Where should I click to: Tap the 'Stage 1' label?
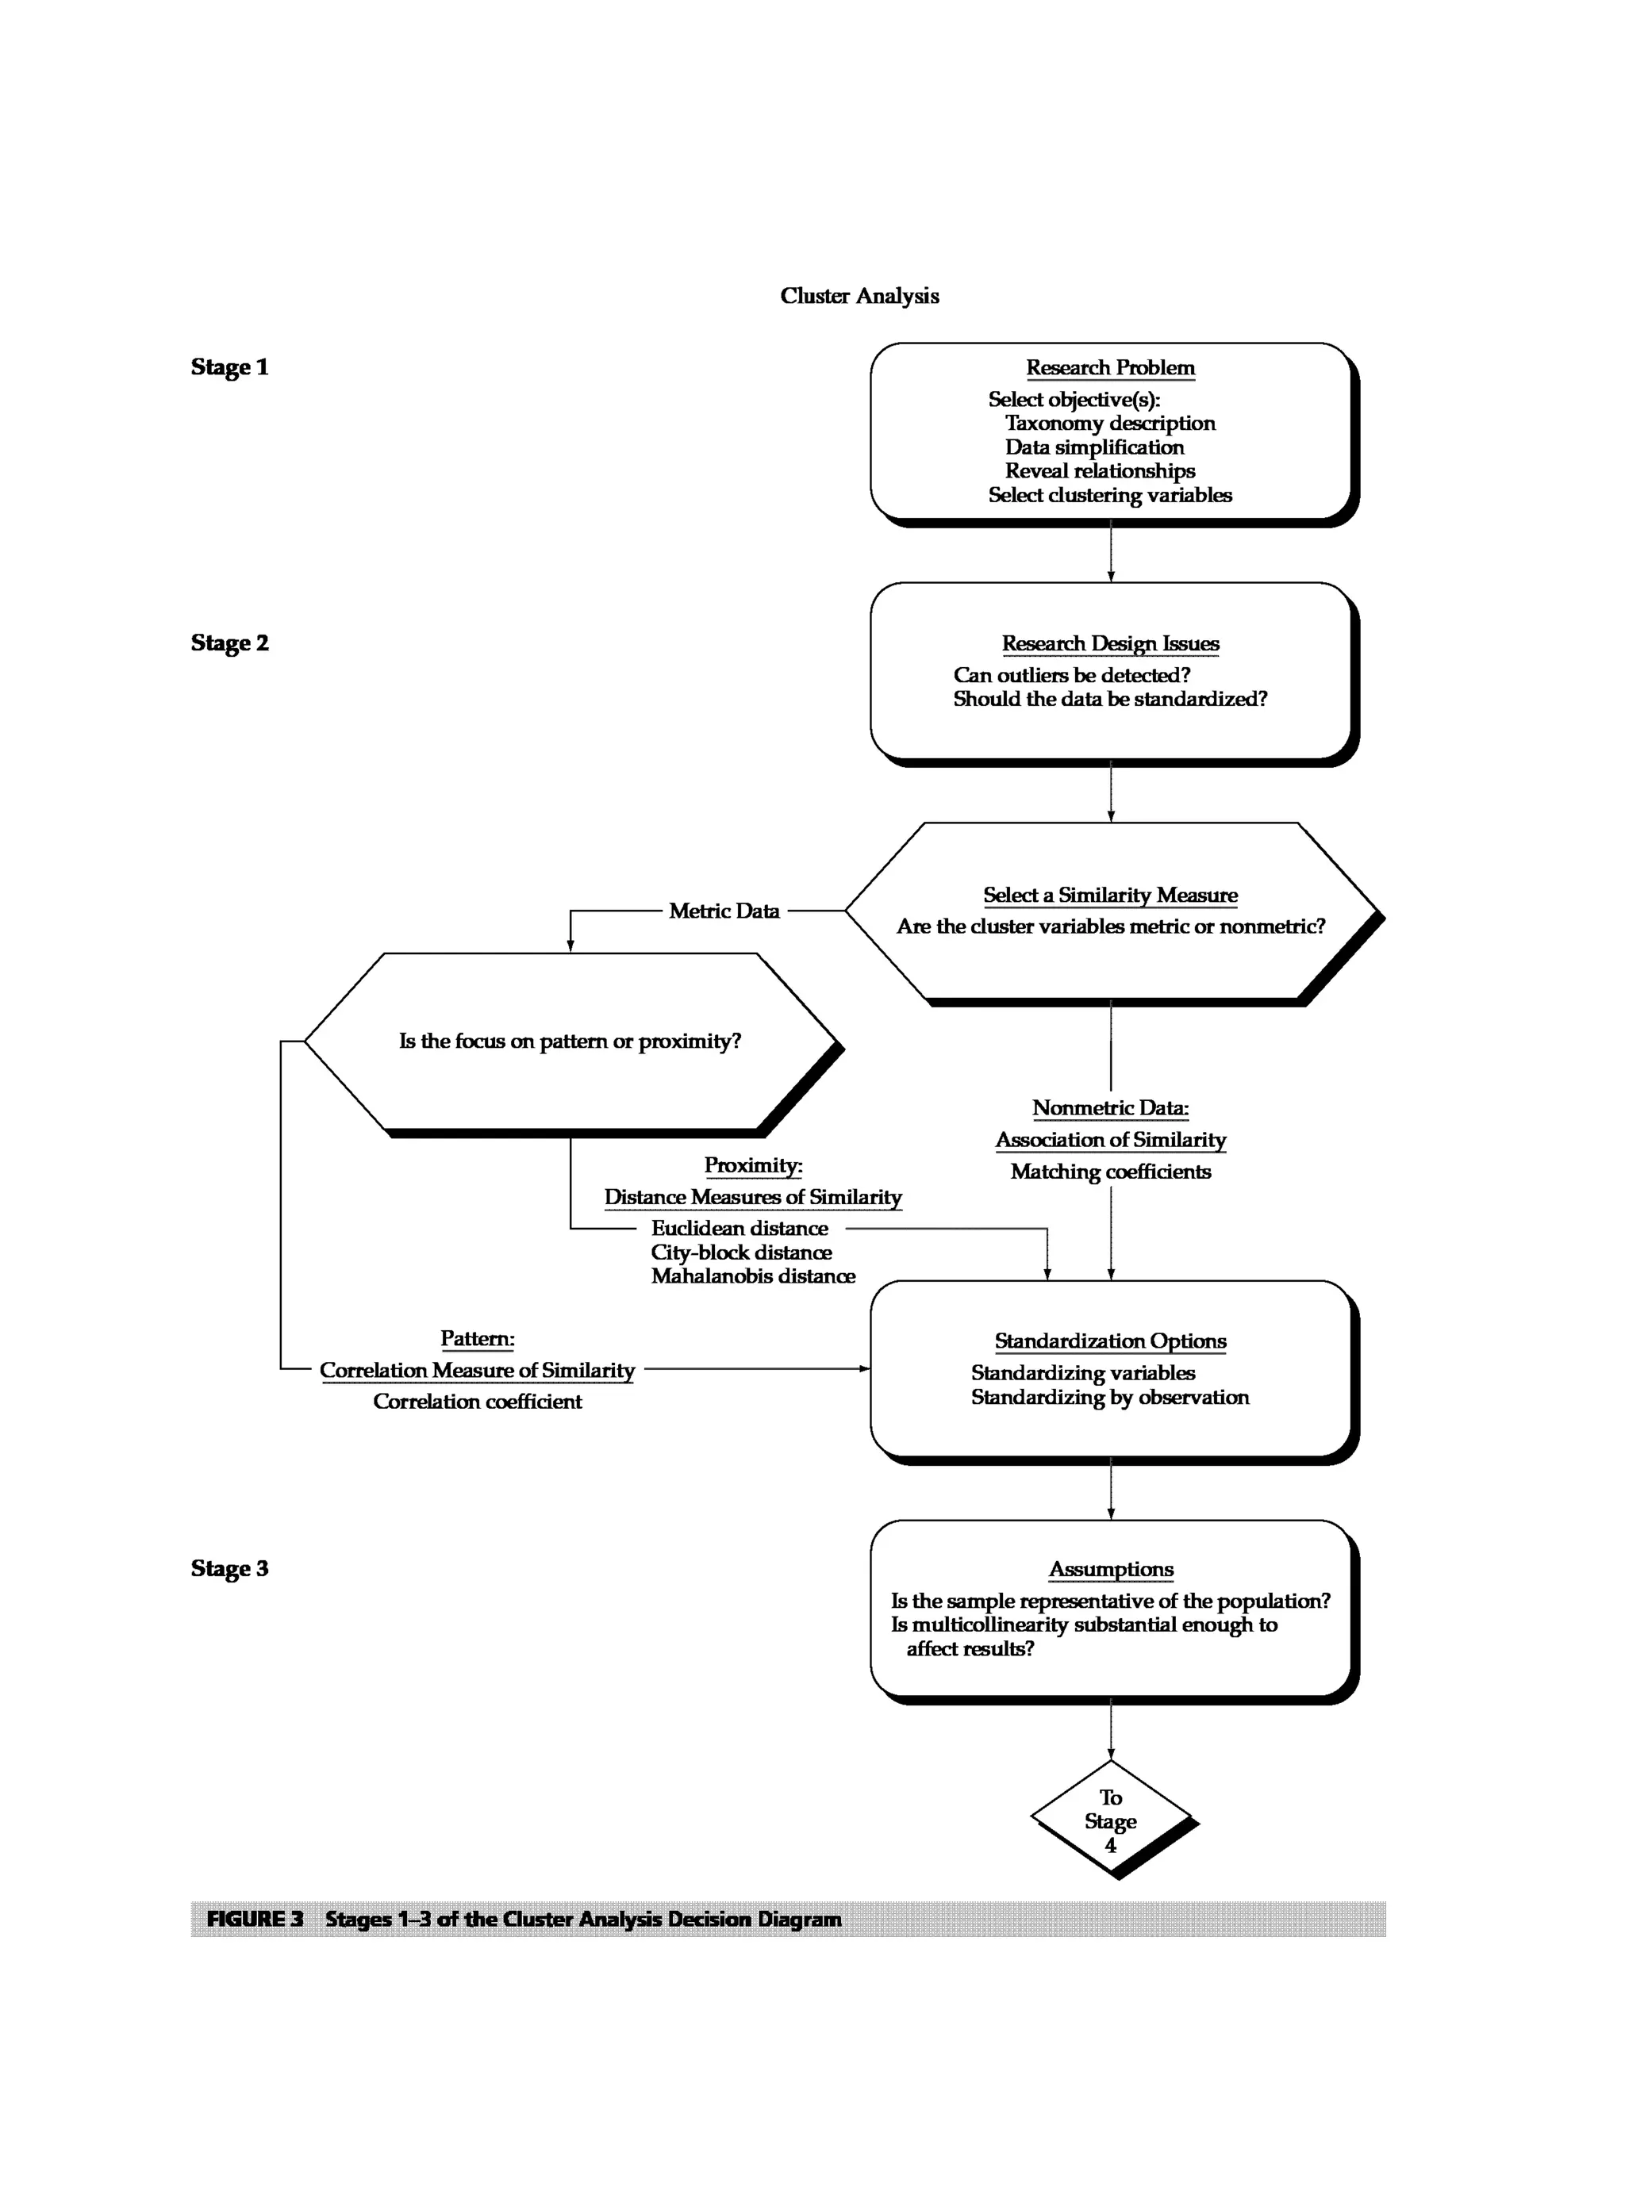pos(229,366)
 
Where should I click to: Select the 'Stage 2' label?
pos(229,643)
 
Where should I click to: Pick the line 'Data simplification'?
pos(1094,447)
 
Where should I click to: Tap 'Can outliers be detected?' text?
pos(1071,675)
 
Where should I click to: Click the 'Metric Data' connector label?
pos(724,911)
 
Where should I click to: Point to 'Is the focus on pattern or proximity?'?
pos(570,1041)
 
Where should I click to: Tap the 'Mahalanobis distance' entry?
pos(752,1275)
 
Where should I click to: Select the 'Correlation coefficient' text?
pos(477,1402)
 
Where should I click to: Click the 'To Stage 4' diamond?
pos(1111,1820)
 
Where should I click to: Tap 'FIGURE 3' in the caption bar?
pos(255,1919)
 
